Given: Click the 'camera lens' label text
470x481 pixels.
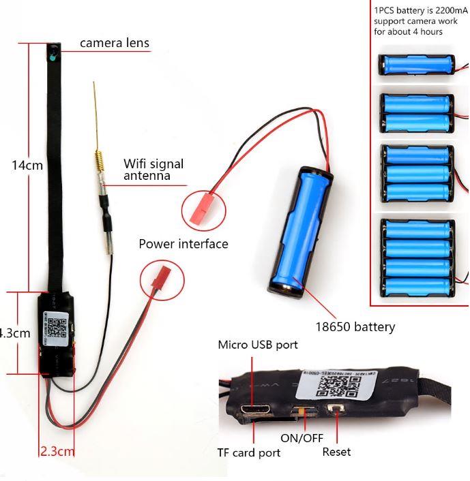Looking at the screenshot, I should (x=114, y=43).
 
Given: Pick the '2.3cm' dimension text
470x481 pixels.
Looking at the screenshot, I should (x=57, y=450).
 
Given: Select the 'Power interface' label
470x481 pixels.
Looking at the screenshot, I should (x=183, y=244).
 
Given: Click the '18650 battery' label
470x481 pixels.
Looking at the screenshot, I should (x=354, y=326).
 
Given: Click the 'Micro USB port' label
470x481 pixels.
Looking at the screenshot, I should (x=257, y=345).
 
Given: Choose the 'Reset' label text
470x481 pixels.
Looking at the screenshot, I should (x=336, y=452).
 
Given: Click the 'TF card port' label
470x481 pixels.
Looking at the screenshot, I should (x=248, y=452).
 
